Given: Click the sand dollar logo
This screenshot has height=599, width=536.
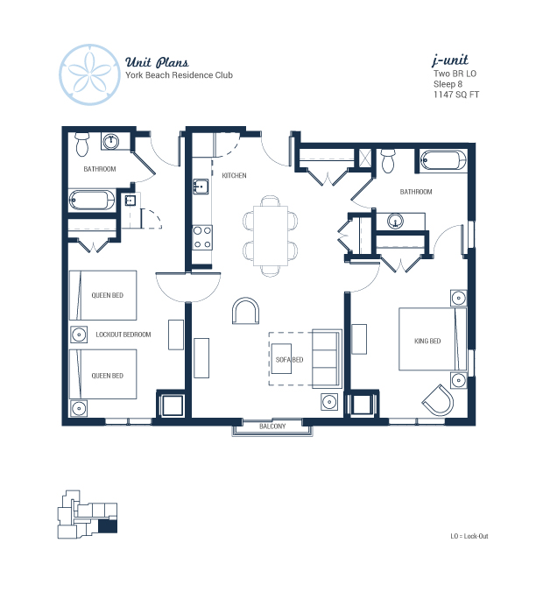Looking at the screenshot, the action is (x=90, y=74).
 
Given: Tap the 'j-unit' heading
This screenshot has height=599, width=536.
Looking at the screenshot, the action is (x=450, y=60).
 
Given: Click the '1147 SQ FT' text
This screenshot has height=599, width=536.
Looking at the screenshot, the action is (x=455, y=95).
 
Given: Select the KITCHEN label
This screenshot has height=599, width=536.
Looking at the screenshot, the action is (x=234, y=175).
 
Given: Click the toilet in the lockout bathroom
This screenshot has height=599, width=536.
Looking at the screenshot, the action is (x=81, y=144).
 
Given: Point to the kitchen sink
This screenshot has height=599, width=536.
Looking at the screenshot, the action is (x=201, y=187).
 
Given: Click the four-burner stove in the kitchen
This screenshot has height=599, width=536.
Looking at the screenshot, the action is (x=202, y=237).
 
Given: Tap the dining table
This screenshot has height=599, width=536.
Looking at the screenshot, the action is (x=271, y=236).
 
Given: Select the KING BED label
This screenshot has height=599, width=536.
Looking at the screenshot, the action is (x=427, y=341).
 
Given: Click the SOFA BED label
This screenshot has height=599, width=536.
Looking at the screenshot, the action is (x=289, y=359).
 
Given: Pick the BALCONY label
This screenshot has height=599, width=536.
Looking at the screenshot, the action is (x=272, y=426).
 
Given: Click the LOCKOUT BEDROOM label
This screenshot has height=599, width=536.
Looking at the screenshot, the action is (x=123, y=335).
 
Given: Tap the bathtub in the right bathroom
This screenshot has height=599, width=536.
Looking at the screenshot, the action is (x=443, y=160).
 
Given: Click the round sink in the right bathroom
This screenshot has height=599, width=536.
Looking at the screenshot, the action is (x=396, y=221).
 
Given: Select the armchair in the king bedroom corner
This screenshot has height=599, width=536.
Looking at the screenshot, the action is (x=439, y=400).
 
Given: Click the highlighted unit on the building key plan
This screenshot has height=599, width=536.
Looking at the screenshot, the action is (x=108, y=526).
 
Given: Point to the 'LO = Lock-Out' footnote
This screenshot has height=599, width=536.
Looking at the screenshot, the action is (x=469, y=536).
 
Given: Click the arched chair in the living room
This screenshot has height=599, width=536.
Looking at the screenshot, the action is (x=245, y=310).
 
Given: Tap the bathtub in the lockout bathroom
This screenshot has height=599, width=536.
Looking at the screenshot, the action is (x=92, y=200).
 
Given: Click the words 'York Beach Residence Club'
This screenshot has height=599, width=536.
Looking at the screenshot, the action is (x=180, y=75).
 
